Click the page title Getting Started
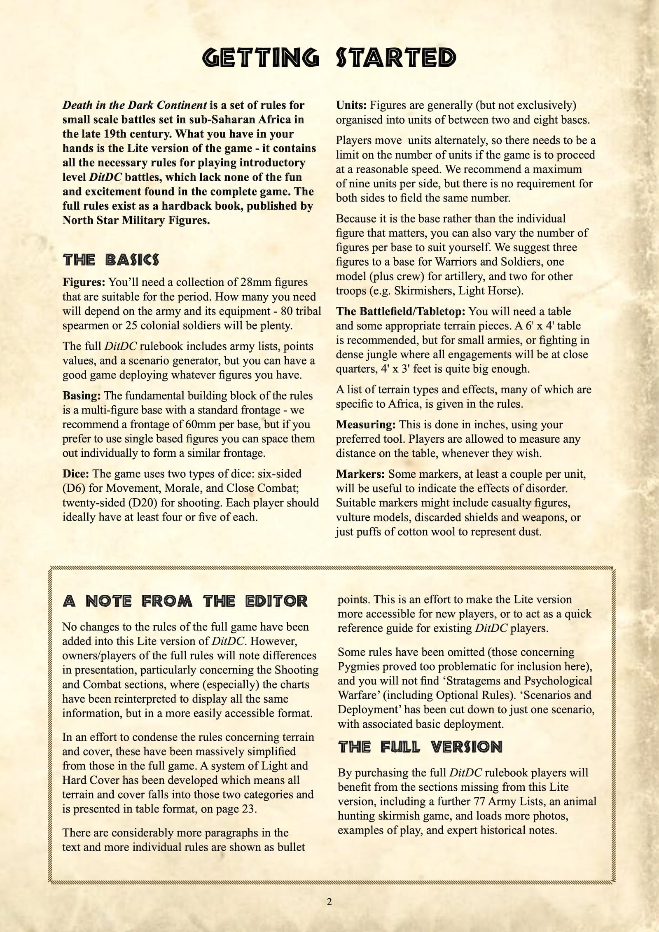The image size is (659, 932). click(329, 58)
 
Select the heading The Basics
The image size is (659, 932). click(111, 260)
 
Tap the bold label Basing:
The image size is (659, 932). click(82, 396)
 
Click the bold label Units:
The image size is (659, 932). click(351, 105)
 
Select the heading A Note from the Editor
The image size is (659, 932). click(185, 601)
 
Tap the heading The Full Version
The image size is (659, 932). click(420, 747)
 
